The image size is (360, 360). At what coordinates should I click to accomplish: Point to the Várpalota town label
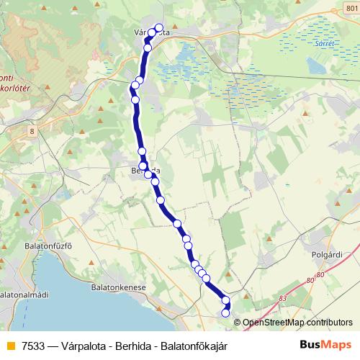click(152, 32)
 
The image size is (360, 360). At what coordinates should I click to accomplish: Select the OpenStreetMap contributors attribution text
click(298, 323)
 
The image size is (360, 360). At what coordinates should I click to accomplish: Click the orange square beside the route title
click(9, 346)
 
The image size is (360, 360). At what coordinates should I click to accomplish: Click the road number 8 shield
click(32, 131)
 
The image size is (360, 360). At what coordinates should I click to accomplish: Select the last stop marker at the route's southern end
click(225, 312)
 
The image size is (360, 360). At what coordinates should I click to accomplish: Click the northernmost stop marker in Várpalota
click(159, 28)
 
